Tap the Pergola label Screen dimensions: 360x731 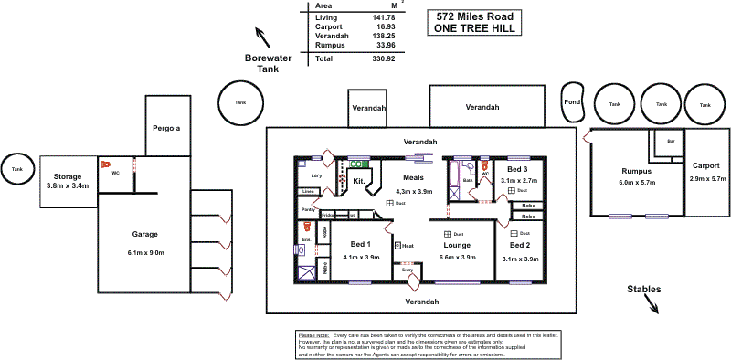166,128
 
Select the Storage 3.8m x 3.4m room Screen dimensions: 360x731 69,180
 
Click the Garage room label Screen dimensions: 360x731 145,234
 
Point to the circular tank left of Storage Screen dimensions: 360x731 16,169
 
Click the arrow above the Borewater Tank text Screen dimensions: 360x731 264,37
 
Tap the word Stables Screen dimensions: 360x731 644,290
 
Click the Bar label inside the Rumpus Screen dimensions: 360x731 671,142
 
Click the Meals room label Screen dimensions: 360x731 414,178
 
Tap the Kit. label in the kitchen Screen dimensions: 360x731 358,182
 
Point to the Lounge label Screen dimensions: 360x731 458,246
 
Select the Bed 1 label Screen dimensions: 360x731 360,245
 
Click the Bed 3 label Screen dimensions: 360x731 518,170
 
